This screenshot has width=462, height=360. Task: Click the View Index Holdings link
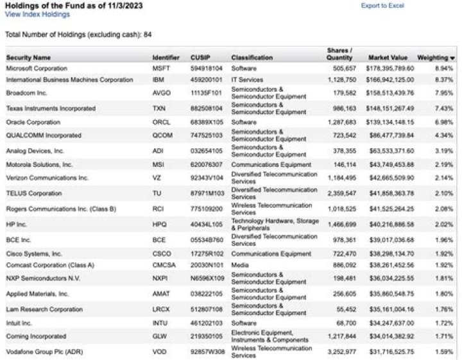37,13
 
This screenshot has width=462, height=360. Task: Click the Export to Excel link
382,6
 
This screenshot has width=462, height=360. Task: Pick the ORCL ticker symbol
160,122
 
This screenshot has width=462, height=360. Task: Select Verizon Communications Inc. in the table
47,178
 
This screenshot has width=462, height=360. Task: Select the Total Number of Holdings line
78,34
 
